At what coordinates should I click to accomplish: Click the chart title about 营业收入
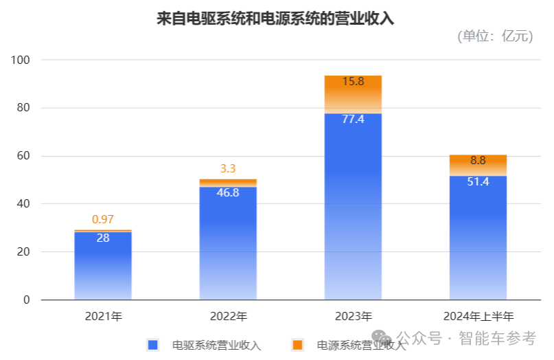tap(276, 19)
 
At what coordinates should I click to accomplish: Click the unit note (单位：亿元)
tap(494, 37)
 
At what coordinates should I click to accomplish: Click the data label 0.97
tap(103, 220)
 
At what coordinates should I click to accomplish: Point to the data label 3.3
tap(228, 168)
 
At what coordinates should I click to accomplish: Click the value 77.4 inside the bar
tap(353, 119)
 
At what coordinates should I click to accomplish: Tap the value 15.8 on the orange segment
tap(353, 82)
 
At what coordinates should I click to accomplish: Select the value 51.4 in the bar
tap(478, 182)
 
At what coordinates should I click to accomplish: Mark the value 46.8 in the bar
tap(228, 192)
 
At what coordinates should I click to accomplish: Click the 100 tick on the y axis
tap(22, 60)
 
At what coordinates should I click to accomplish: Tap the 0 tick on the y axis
tap(27, 300)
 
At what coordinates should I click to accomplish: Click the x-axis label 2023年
tap(353, 317)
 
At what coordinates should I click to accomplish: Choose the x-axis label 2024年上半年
tap(478, 317)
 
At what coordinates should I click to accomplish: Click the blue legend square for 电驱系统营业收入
tap(152, 344)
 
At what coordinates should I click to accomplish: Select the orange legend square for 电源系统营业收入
tap(297, 344)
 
